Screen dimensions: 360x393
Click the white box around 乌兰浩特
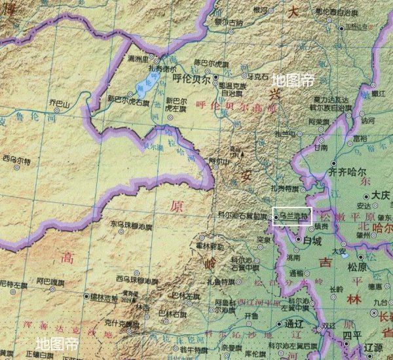point(292,217)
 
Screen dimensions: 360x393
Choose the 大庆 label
point(381,195)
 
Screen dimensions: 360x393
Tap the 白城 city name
point(313,241)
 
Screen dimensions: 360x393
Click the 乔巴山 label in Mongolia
point(60,103)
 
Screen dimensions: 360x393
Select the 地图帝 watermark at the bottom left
point(57,342)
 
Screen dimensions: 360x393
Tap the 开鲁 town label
point(251,315)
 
